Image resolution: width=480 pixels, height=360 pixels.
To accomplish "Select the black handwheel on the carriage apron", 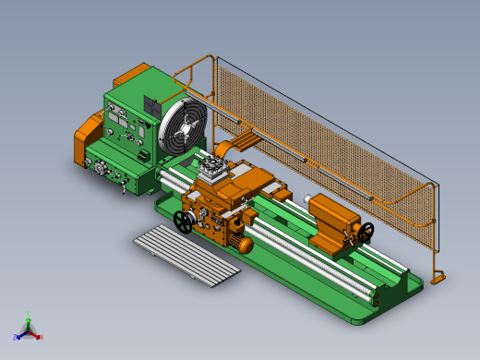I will click(184, 222).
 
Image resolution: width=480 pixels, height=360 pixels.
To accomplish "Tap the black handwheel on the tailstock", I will click(367, 231).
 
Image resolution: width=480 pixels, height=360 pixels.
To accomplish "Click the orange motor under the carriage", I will click(245, 245).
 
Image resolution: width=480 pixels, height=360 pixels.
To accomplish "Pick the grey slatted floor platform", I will click(187, 255).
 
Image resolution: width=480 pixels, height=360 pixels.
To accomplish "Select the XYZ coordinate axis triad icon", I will click(29, 329).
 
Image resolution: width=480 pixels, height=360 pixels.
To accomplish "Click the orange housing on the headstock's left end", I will click(88, 138).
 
